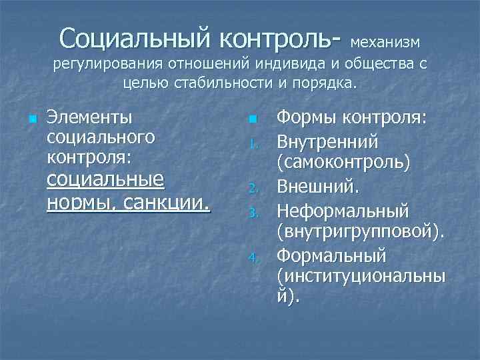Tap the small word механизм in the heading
(385, 42)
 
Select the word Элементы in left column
(89, 117)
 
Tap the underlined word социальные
(105, 180)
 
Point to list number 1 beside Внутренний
(252, 142)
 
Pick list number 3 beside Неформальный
(252, 212)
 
